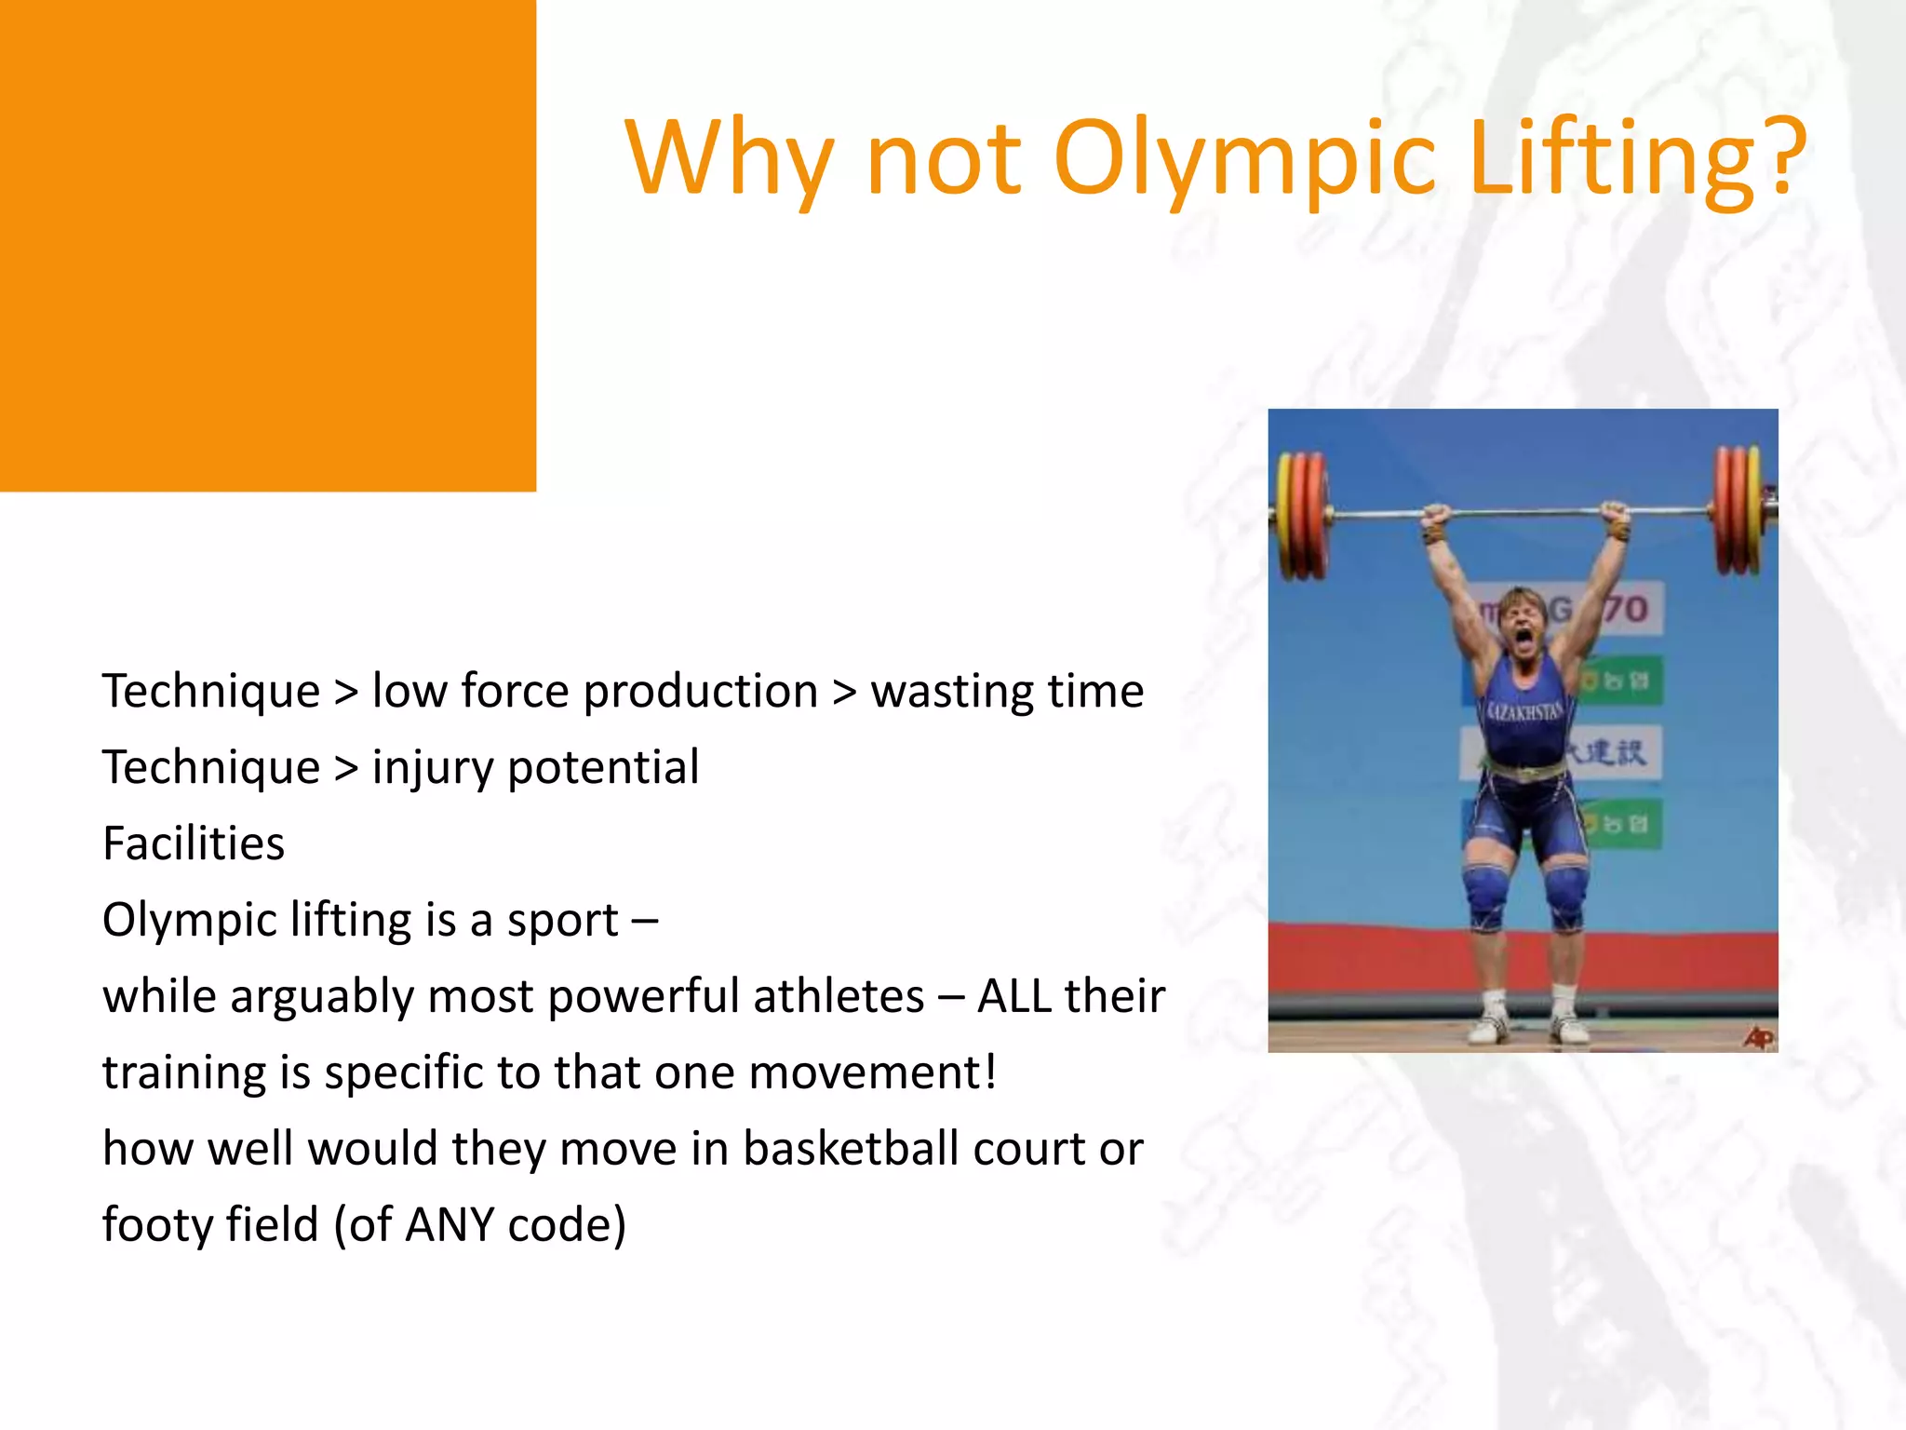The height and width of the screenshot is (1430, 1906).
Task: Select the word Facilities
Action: click(x=194, y=843)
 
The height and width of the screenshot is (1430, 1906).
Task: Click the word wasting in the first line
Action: click(x=951, y=692)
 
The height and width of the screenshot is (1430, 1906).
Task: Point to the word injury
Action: click(x=433, y=769)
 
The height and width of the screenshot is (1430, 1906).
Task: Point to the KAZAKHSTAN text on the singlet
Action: click(x=1524, y=712)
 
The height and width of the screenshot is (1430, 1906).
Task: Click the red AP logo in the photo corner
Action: click(x=1758, y=1036)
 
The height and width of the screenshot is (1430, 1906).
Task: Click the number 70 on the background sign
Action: click(x=1627, y=609)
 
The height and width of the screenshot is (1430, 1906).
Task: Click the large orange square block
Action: click(x=268, y=246)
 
